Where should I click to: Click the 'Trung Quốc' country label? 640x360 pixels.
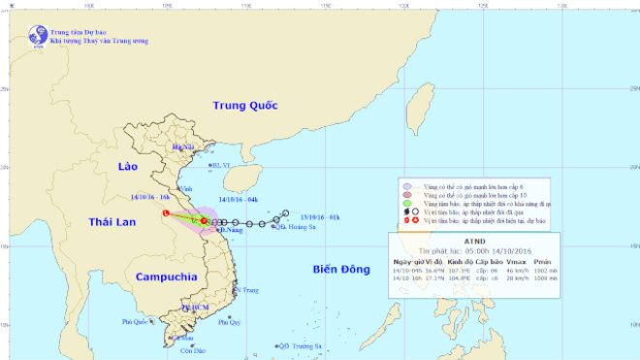[x=245, y=105]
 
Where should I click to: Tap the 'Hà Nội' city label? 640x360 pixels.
[x=182, y=147]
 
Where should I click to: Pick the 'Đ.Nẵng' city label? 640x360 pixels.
[x=228, y=229]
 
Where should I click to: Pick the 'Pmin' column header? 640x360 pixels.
[x=569, y=262]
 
